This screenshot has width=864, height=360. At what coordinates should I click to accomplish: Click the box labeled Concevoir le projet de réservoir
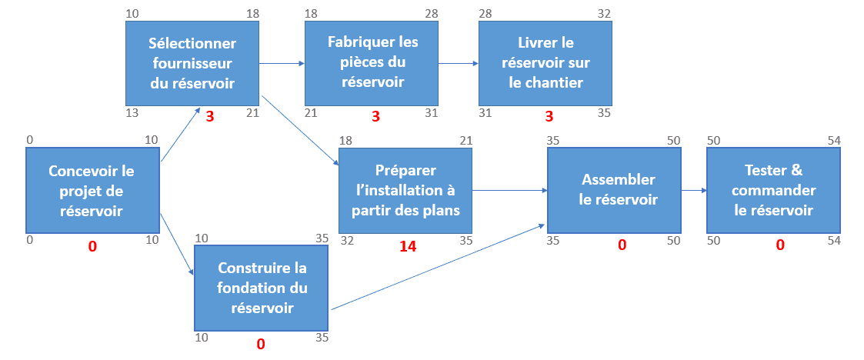[92, 190]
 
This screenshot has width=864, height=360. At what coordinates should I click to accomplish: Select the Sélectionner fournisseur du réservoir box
[192, 63]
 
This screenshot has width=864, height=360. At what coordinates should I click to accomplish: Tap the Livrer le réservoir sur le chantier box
[545, 63]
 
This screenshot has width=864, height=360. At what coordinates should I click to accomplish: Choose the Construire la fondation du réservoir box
[261, 288]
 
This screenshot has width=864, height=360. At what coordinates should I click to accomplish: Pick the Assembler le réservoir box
[614, 190]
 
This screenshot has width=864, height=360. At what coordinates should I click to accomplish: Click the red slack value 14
[408, 246]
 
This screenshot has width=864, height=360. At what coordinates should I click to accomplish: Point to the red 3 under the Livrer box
[549, 116]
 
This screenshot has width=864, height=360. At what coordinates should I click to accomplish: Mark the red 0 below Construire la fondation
[261, 344]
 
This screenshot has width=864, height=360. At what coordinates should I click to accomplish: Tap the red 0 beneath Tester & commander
[779, 245]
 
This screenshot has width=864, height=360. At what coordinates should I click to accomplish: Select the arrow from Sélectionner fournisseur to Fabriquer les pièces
[282, 63]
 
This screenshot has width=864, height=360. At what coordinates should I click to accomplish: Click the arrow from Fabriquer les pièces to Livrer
[458, 63]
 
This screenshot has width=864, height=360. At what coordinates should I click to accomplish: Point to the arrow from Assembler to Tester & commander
[694, 191]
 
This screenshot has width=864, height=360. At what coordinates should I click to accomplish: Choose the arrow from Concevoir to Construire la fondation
[177, 244]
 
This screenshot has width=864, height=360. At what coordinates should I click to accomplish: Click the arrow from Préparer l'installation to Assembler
[509, 191]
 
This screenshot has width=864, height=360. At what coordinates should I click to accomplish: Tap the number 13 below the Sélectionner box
[132, 113]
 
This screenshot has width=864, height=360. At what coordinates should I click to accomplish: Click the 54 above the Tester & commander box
[834, 141]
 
